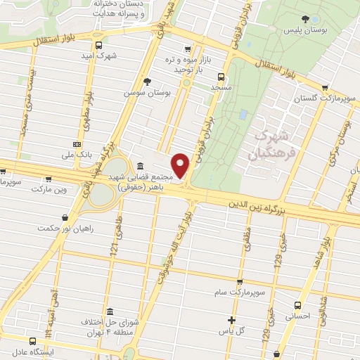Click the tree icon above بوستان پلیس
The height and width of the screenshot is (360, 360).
click(x=304, y=20)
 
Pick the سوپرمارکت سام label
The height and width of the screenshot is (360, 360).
click(x=240, y=290)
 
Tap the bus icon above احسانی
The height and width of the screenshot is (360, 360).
click(x=297, y=305)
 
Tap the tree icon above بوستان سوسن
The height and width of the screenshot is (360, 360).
click(x=147, y=82)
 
